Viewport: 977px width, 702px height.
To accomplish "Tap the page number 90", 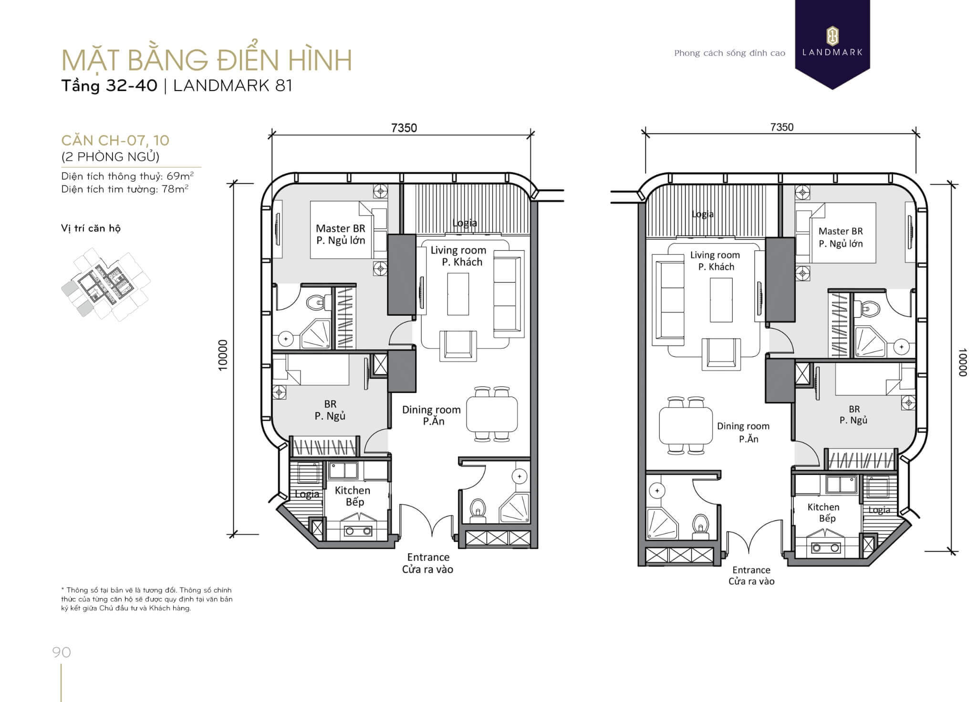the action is [62, 652].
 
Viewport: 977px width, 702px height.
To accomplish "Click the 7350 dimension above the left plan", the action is [404, 128].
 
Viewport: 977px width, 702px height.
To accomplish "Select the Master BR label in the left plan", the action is [340, 228].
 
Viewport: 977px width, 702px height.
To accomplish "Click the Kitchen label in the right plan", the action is [823, 507].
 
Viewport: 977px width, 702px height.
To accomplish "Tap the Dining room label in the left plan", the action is [431, 409].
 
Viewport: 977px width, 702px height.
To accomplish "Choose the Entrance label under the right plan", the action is [751, 570].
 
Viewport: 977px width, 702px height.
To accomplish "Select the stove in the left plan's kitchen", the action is [356, 530].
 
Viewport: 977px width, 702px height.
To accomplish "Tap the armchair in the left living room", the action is [458, 344].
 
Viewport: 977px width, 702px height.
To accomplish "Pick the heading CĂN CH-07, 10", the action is [115, 140].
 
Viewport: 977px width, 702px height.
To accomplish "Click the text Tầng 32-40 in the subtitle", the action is [109, 85].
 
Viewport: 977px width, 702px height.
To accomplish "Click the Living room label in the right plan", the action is [715, 255].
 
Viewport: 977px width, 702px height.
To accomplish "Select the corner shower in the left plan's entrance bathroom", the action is [515, 508].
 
